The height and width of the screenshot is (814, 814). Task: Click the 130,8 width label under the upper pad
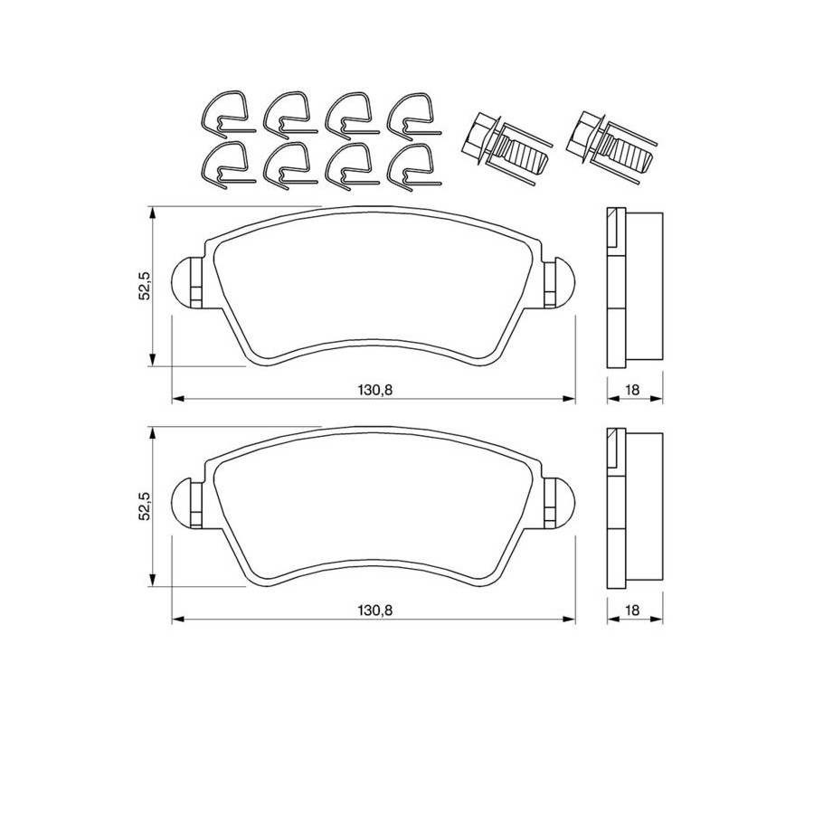coord(374,390)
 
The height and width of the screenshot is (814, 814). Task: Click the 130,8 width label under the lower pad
coord(374,610)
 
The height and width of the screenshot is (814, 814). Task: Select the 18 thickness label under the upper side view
coord(632,390)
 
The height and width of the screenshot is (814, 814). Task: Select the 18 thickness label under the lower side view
coord(632,610)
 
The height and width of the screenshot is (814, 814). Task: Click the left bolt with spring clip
coord(506,147)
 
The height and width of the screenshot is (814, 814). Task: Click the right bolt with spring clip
coord(612,147)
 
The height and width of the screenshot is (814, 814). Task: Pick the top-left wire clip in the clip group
coord(227,115)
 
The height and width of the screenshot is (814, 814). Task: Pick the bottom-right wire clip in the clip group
coord(414,167)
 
